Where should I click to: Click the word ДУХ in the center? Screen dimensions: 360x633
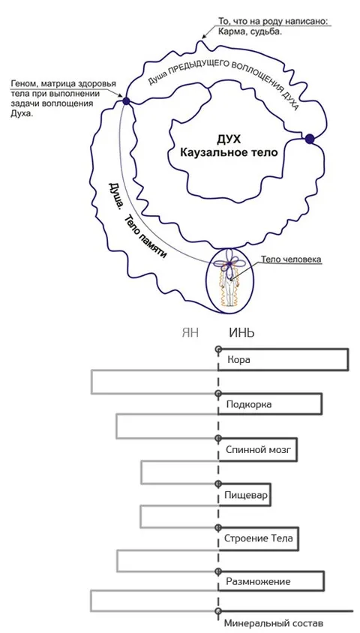pos(229,139)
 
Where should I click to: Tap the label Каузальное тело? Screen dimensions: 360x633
pos(229,153)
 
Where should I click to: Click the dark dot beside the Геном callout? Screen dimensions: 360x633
pos(125,101)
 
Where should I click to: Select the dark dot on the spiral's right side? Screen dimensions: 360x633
pos(310,139)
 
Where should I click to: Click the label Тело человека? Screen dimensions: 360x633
pos(291,259)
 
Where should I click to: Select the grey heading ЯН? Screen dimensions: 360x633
pos(190,333)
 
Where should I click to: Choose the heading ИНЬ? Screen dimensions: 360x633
pos(241,333)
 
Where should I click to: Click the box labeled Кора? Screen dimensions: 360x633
pos(238,360)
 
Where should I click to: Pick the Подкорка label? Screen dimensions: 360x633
pos(249,404)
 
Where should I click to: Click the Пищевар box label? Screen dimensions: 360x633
pos(246,494)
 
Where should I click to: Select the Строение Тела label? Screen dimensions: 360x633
pos(256,539)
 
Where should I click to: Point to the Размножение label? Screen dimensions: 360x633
pos(258,582)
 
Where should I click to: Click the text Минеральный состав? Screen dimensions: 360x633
pos(274,623)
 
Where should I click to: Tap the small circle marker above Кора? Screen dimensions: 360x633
pos(218,349)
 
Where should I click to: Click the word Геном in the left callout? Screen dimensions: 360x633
pos(20,83)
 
